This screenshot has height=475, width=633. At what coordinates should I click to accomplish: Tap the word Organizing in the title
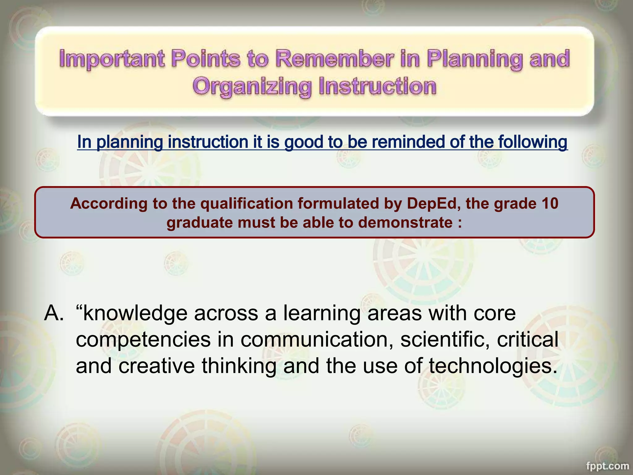coord(252,86)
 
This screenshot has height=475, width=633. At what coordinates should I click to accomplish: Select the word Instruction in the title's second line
coord(377,86)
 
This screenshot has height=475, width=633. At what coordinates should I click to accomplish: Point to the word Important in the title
coord(112,58)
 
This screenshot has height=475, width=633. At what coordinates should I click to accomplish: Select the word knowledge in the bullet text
coord(135,313)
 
